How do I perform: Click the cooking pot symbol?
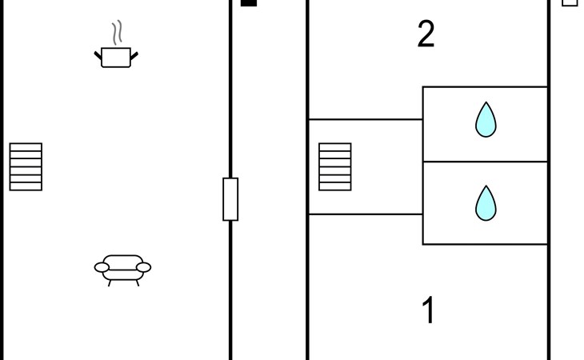117,57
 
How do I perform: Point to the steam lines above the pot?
118,33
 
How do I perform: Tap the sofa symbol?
122,267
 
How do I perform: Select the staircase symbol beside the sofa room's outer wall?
26,167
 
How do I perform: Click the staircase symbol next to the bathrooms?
335,167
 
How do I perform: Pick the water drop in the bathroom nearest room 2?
486,120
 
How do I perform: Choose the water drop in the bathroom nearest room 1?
486,203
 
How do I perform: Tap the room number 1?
429,310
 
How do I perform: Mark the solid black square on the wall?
249,2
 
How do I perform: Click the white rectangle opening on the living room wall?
230,199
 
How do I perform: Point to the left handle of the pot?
98,55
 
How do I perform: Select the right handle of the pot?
134,55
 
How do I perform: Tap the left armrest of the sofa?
101,267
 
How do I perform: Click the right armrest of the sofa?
145,267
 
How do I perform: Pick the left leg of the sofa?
109,282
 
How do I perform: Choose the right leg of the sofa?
138,282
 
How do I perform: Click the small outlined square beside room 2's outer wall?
570,2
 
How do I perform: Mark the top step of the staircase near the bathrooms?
335,147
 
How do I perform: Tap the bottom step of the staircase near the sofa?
26,186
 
